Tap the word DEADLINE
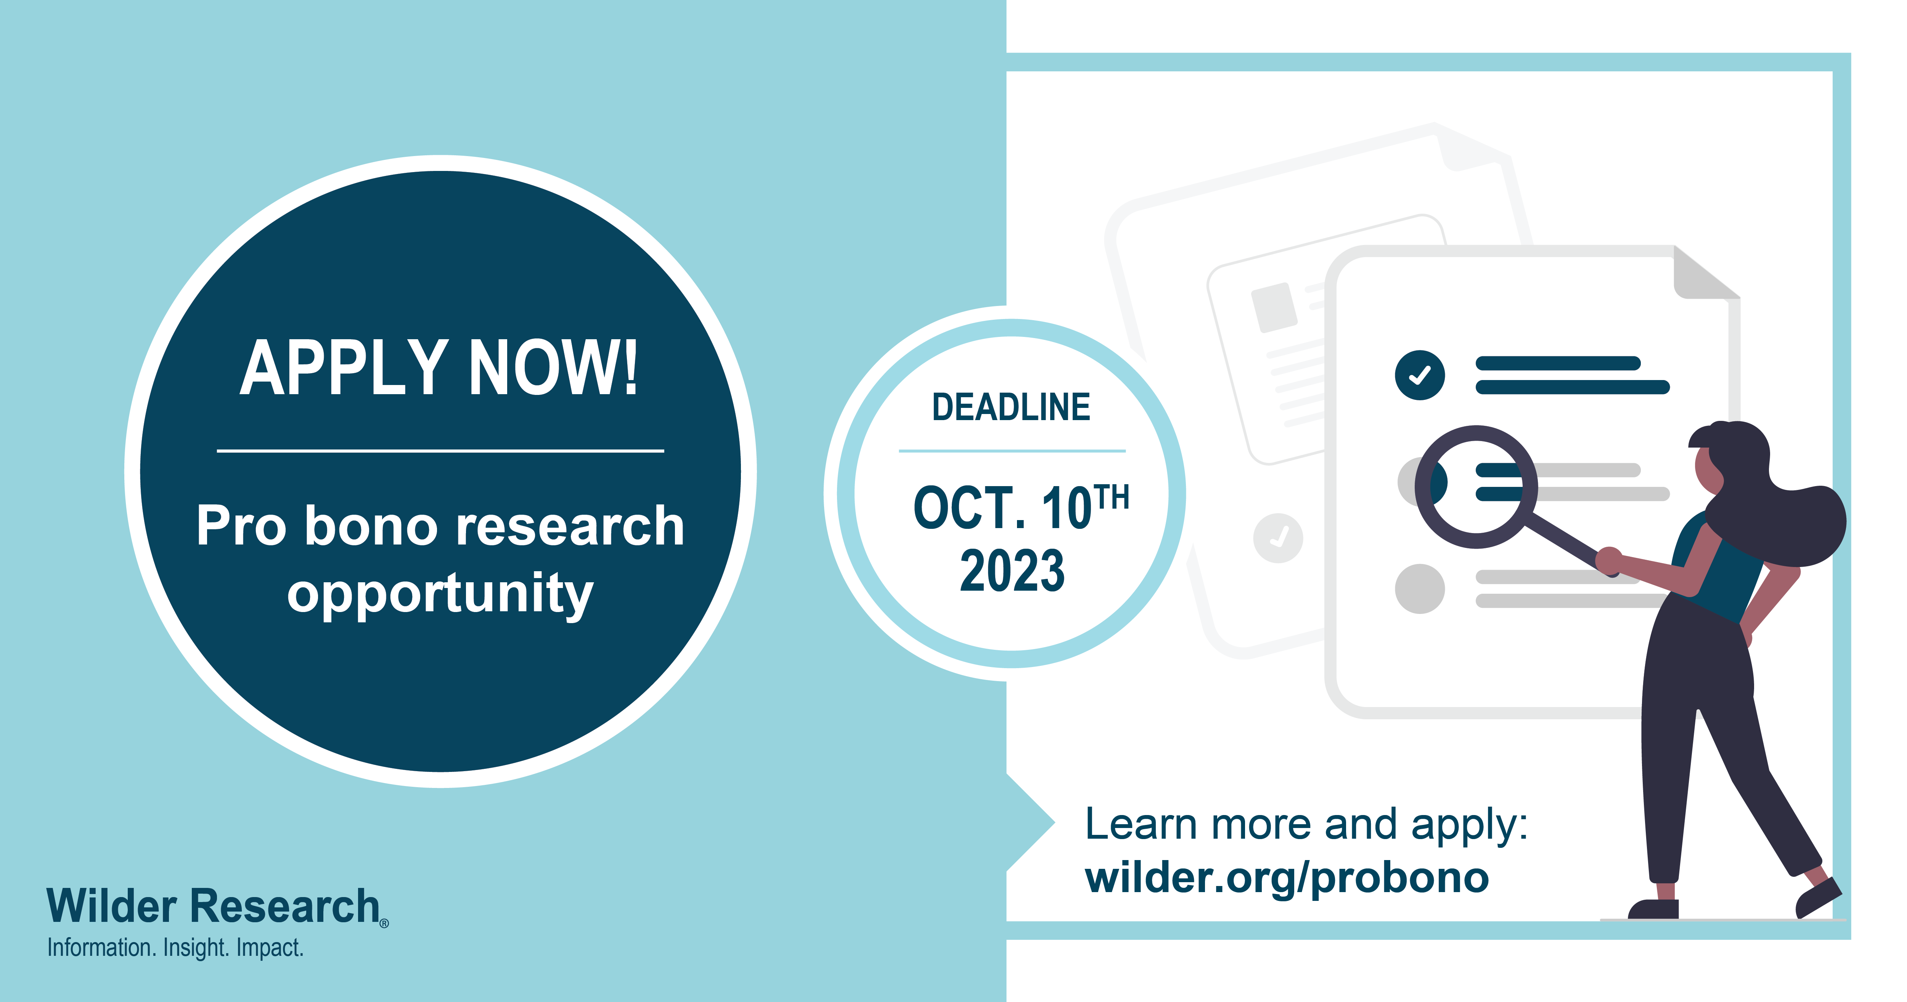click(1011, 407)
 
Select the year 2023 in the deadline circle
click(1012, 571)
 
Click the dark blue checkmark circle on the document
click(1419, 375)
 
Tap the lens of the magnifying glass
click(1476, 487)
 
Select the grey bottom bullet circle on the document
click(1419, 589)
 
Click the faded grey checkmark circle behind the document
click(1278, 538)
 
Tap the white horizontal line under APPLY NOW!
click(440, 450)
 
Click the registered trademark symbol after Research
click(384, 923)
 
